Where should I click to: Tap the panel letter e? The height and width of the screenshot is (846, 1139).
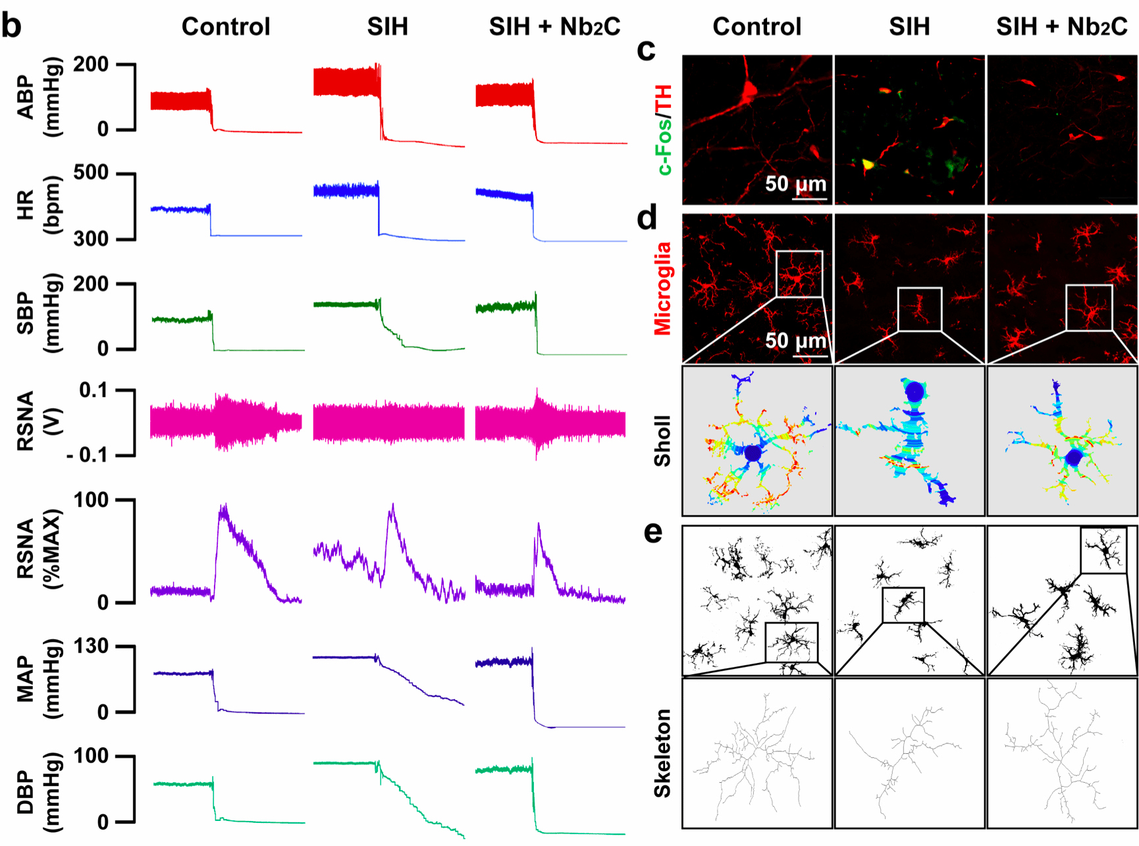click(652, 532)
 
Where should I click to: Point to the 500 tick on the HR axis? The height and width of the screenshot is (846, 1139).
click(91, 173)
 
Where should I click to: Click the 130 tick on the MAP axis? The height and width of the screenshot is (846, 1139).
click(91, 647)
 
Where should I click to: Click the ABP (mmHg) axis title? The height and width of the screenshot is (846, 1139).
click(39, 97)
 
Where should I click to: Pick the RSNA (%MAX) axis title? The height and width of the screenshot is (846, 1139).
click(39, 549)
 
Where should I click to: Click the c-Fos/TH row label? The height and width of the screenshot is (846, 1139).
click(664, 130)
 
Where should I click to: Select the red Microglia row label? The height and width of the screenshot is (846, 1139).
click(662, 288)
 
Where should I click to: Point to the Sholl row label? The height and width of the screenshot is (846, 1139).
click(662, 441)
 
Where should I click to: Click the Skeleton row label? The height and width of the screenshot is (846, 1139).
click(662, 753)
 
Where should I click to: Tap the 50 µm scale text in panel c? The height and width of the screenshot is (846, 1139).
click(795, 184)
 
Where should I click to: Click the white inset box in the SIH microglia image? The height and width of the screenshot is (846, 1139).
click(920, 309)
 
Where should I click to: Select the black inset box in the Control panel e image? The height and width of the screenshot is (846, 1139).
click(791, 642)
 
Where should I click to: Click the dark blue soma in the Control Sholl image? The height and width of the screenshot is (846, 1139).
click(753, 453)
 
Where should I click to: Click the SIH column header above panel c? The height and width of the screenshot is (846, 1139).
click(909, 27)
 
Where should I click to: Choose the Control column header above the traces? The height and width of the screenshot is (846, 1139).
click(226, 27)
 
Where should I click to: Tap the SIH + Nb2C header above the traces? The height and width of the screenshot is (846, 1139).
click(554, 27)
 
